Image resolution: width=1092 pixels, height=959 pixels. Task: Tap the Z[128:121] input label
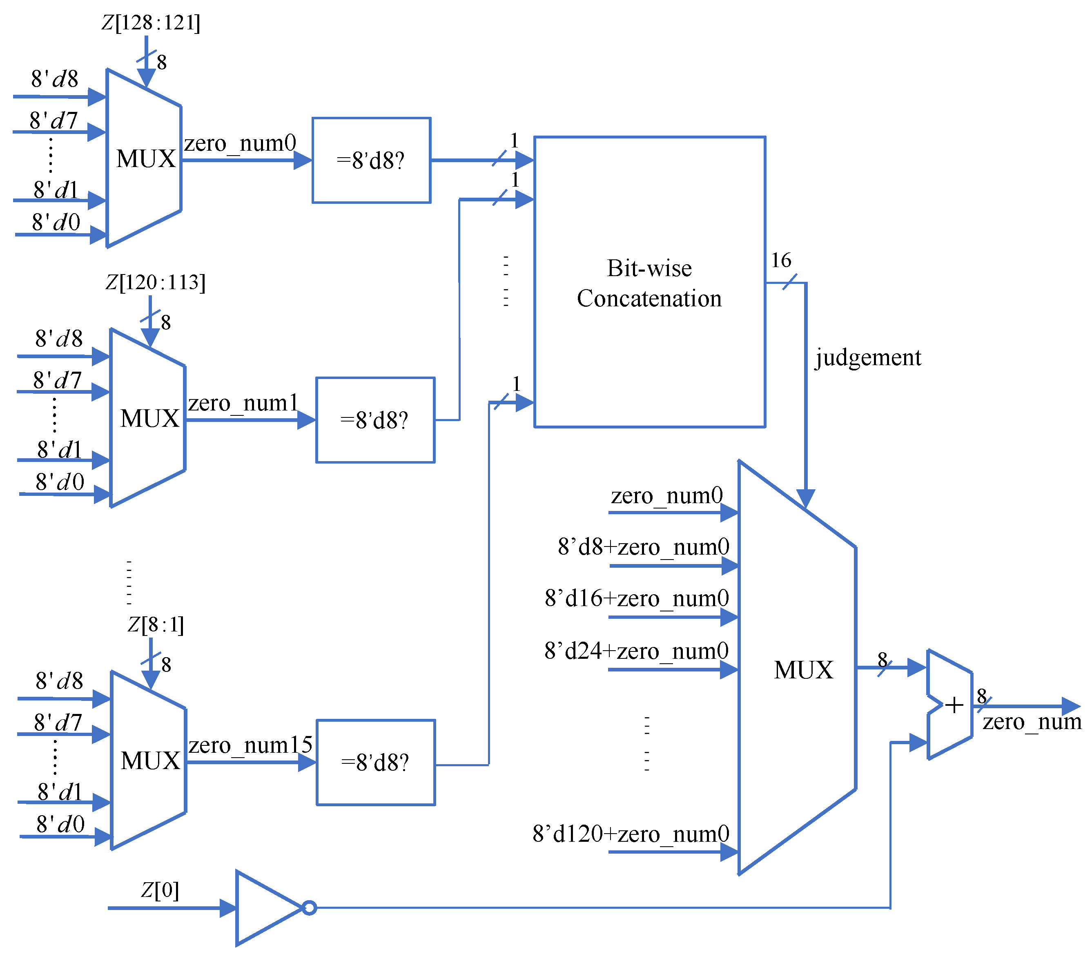[x=151, y=23]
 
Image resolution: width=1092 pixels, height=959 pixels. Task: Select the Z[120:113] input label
[x=156, y=282]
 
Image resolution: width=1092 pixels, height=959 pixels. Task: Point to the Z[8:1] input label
[x=156, y=624]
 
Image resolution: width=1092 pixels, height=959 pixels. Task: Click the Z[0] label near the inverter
[x=160, y=890]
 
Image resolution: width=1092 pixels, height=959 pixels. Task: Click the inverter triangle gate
[x=265, y=908]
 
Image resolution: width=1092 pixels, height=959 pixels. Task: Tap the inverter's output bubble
[x=309, y=908]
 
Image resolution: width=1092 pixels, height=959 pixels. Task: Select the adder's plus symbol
[x=954, y=706]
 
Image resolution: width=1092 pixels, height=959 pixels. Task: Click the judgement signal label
[x=868, y=357]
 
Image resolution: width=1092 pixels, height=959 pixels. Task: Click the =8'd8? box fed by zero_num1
[x=375, y=420]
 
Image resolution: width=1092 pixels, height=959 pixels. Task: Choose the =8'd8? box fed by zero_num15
[x=376, y=763]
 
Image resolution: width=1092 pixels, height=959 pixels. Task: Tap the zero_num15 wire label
[x=250, y=745]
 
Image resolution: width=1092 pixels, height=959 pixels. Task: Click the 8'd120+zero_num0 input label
[x=631, y=834]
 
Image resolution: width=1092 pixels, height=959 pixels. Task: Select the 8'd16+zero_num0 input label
[x=637, y=598]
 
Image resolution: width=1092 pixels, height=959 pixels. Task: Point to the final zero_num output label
[x=1032, y=722]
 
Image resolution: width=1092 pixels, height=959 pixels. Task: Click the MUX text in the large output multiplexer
[x=803, y=670]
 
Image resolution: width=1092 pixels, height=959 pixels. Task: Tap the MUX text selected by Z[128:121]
[x=146, y=158]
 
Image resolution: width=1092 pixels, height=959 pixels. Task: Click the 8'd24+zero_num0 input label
[x=636, y=651]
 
